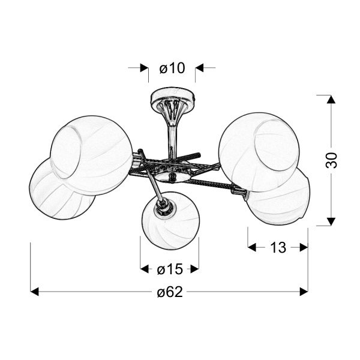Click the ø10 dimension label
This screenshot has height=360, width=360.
coord(172,68)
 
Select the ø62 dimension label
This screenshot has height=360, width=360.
coord(170,292)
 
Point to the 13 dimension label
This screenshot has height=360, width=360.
coord(278,247)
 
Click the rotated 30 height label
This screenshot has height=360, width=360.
coord(331,160)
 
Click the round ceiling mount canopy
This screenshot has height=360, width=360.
coord(173,97)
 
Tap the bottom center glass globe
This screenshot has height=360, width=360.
coord(170,221)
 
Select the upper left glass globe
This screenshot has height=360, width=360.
coord(91,155)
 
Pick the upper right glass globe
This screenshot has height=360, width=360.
coord(259,152)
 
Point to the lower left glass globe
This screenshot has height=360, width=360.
coord(62,189)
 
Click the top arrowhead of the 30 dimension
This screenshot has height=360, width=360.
coord(331,99)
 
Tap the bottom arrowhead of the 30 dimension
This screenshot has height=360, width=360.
coord(331,221)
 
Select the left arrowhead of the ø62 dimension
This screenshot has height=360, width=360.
coord(34,292)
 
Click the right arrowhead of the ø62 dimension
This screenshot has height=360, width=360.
coord(304,292)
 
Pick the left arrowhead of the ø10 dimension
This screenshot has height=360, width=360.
coord(144,68)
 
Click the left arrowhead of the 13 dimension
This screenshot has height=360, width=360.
coord(252,247)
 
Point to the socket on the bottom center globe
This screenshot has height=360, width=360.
coord(164,206)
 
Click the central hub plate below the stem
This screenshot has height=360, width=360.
coord(172,177)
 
